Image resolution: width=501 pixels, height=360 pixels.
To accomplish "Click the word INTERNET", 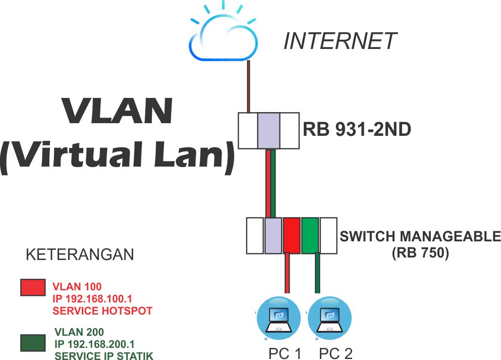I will pos(340,41).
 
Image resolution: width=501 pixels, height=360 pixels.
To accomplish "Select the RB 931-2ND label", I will pos(357,130).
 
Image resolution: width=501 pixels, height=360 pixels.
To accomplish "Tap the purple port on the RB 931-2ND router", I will pos(268,131).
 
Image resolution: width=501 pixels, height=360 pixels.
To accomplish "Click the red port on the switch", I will pos(292,236).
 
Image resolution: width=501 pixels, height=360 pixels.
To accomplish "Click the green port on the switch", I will pos(310,236).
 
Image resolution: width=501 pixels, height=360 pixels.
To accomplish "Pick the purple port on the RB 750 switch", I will pos(273,236).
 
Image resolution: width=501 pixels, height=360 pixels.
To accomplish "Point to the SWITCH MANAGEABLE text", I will pos(420,236).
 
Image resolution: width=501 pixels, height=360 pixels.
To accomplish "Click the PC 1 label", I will pos(285,353).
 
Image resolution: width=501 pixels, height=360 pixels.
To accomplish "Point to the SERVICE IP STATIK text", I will pos(103,355).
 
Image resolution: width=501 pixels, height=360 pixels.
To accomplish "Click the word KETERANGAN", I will pos(80,254).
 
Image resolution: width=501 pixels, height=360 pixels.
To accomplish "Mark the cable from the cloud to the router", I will pos(248,86).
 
